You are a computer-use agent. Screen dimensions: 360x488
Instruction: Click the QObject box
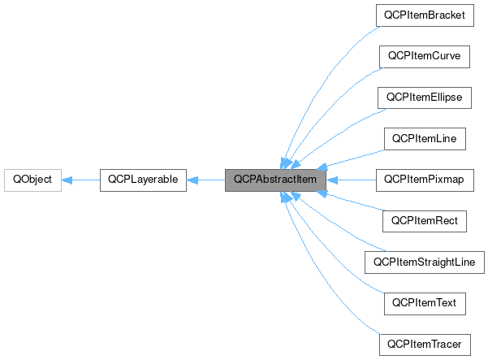[32, 180]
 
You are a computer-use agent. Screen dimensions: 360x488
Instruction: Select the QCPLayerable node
[143, 180]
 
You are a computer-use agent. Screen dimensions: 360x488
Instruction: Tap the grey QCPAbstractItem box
[275, 180]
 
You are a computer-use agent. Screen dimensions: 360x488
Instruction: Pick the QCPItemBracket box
[425, 15]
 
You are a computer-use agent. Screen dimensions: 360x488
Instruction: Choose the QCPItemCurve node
[425, 56]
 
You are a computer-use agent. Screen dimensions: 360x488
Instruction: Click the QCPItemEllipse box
[425, 98]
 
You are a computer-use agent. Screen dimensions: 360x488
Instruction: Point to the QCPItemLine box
[425, 139]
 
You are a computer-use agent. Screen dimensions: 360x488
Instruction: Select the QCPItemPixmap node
[425, 180]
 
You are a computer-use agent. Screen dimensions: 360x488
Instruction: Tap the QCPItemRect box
[425, 221]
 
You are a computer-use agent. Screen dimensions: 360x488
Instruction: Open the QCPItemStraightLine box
[425, 262]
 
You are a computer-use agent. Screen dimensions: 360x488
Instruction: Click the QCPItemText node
[425, 303]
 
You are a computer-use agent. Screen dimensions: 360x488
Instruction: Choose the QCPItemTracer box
[425, 345]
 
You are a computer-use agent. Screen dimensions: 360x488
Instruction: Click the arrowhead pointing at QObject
[68, 180]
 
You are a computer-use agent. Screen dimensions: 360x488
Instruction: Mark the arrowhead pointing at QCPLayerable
[193, 180]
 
